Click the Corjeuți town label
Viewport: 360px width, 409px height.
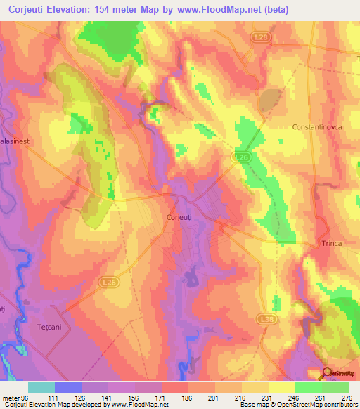coord(179,218)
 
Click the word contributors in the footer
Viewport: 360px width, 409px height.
coord(339,405)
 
